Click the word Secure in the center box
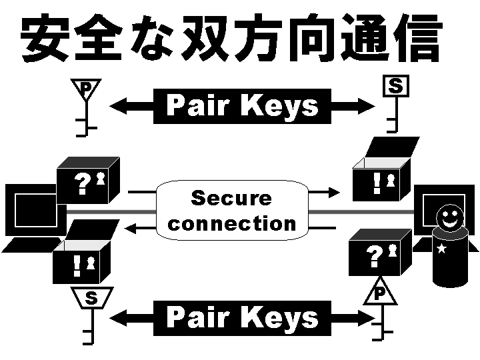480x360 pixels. point(231,198)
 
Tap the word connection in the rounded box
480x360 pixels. point(231,223)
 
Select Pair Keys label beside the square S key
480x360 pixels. point(242,106)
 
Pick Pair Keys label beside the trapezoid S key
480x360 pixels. point(242,317)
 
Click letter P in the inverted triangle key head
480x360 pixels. point(85,87)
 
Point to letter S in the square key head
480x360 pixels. point(395,86)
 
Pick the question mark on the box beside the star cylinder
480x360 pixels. point(375,255)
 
